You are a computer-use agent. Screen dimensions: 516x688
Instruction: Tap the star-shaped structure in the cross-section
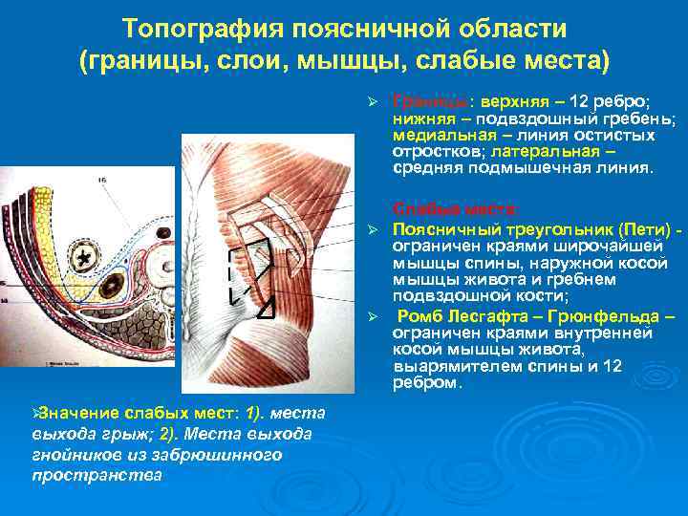87,259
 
